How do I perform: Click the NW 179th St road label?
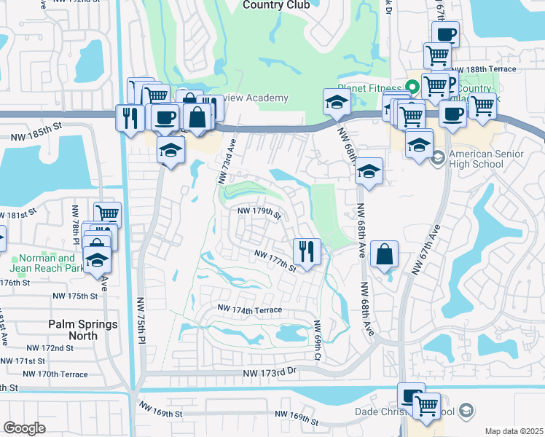tap(259, 213)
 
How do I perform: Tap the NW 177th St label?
tap(275, 259)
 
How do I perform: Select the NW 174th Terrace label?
tap(249, 310)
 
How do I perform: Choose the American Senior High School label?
tap(486, 159)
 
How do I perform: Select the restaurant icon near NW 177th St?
tap(306, 251)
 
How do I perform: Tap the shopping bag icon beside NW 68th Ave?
tap(384, 254)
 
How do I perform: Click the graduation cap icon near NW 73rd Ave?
tap(170, 150)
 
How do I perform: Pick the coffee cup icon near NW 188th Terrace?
tap(445, 34)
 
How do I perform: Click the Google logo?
tap(25, 428)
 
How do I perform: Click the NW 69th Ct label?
tap(318, 340)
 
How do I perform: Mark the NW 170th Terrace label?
tap(55, 374)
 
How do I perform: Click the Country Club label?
tap(276, 5)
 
